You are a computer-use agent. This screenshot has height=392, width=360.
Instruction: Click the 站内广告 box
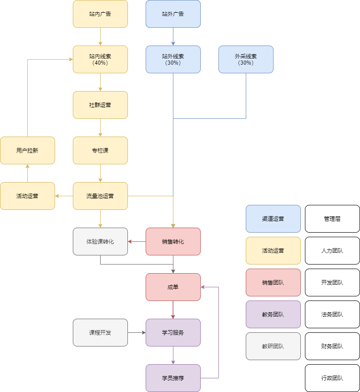click(x=100, y=14)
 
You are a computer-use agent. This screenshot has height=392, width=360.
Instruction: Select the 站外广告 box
click(x=173, y=14)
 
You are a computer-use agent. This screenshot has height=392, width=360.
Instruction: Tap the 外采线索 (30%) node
click(x=246, y=59)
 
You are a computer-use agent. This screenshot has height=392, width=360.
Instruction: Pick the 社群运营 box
click(x=100, y=105)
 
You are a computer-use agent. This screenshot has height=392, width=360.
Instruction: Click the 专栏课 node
click(x=100, y=150)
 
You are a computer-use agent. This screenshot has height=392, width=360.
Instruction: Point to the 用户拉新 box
click(x=27, y=150)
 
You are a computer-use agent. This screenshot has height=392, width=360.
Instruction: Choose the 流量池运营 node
click(x=100, y=196)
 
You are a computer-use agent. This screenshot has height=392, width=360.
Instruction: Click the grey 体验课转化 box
click(x=100, y=241)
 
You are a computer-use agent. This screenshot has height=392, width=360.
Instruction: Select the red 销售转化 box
click(x=173, y=241)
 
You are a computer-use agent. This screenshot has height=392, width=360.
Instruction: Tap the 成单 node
click(x=173, y=287)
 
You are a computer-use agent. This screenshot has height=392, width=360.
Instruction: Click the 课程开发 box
click(x=100, y=332)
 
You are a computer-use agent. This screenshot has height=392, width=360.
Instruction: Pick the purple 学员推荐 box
click(x=173, y=378)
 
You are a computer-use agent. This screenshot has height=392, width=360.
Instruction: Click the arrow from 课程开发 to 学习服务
click(x=137, y=332)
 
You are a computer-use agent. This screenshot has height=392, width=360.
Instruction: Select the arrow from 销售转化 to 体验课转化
click(x=137, y=241)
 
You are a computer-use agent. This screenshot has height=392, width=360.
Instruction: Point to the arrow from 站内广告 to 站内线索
click(x=100, y=36)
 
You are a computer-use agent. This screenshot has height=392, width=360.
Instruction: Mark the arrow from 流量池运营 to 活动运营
click(x=64, y=196)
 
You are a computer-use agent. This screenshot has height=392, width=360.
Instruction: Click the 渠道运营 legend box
click(x=273, y=219)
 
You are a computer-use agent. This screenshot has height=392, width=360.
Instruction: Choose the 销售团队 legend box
click(x=273, y=282)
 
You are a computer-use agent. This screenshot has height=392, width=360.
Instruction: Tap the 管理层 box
click(x=332, y=219)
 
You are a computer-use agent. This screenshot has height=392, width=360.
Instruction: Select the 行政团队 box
click(x=332, y=378)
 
